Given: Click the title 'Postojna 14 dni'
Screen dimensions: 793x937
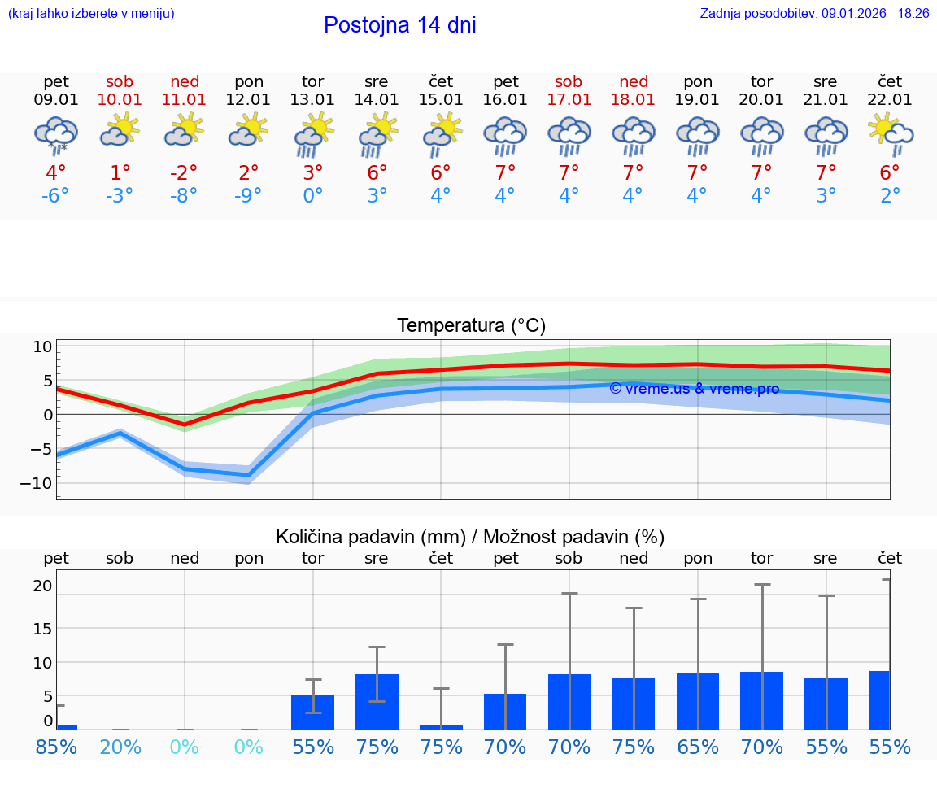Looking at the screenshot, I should [x=399, y=25].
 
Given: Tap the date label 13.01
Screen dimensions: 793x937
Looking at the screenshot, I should [x=312, y=100].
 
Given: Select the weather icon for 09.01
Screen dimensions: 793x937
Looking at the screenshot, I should [x=55, y=135].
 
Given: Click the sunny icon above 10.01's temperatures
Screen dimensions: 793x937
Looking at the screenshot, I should [x=120, y=130].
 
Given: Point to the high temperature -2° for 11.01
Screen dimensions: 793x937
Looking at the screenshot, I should [x=184, y=172].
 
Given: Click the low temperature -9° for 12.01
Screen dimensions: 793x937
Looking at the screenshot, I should [x=248, y=196].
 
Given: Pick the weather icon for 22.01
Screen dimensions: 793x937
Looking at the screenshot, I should [x=890, y=133].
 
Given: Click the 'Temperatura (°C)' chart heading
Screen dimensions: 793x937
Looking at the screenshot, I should [x=471, y=326].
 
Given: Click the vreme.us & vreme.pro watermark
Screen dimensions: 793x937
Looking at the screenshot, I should [x=694, y=389].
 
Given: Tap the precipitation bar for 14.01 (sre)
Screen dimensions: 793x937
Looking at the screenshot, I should [x=377, y=701].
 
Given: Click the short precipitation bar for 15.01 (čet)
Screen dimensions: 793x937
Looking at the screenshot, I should [x=441, y=726].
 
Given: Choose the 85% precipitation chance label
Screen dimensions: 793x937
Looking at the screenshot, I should [x=55, y=747].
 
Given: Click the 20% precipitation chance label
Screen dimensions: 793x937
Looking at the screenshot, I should [x=120, y=747].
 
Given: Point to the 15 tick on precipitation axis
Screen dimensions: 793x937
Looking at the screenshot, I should [x=42, y=628].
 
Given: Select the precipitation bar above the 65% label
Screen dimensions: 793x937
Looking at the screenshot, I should [x=697, y=700].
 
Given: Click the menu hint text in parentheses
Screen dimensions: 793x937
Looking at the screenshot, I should [x=91, y=13].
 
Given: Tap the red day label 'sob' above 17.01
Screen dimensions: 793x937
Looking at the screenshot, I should [x=569, y=81].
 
